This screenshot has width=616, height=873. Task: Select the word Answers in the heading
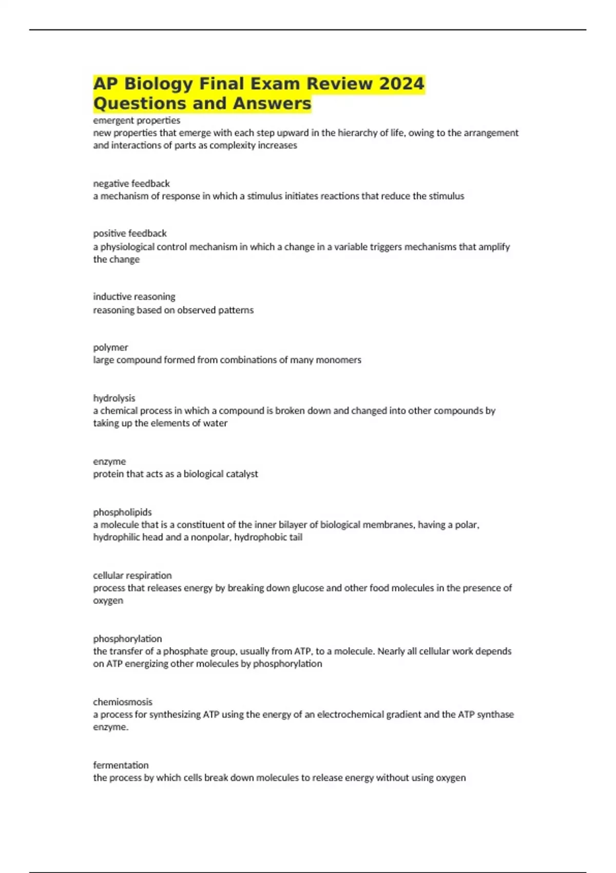click(x=272, y=103)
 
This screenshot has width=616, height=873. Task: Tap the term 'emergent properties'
click(x=137, y=120)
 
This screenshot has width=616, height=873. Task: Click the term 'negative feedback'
click(x=131, y=183)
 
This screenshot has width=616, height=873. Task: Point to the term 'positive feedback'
click(x=130, y=233)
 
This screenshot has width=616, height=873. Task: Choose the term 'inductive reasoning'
click(x=134, y=296)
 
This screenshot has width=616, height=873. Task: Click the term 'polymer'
click(x=110, y=347)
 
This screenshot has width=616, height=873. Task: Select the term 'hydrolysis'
click(x=114, y=398)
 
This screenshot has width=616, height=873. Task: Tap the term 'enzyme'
click(x=109, y=461)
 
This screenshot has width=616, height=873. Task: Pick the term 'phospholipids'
click(x=122, y=512)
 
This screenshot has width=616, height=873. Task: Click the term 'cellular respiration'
click(x=132, y=575)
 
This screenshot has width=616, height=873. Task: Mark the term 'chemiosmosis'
click(x=123, y=701)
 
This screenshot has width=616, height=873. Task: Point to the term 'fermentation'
click(x=121, y=765)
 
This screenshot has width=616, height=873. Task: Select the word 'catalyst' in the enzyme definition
click(x=241, y=473)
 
